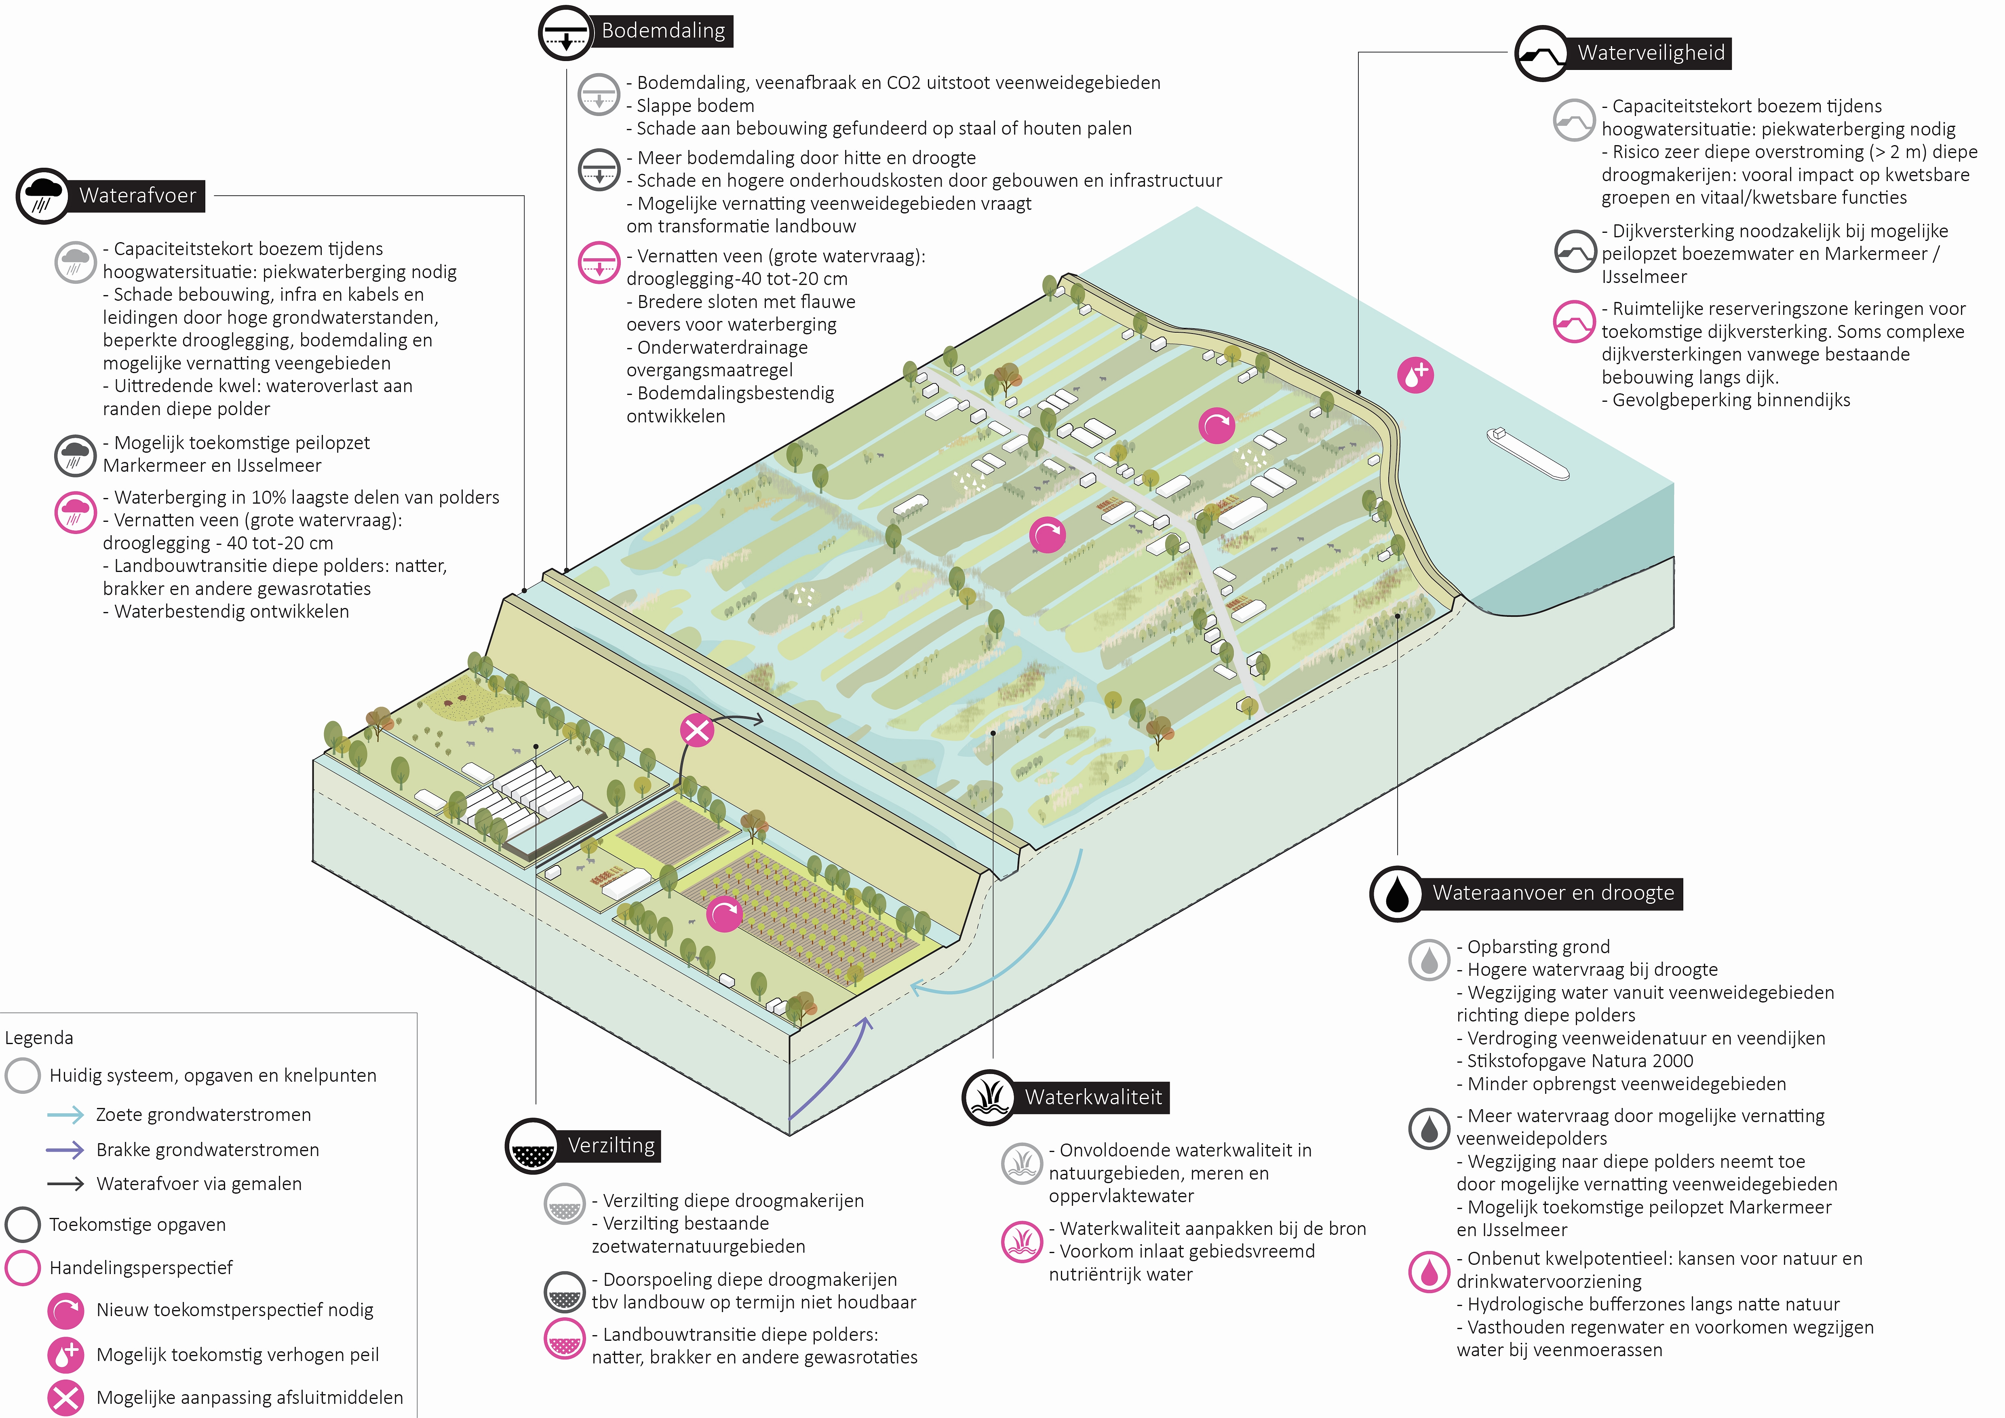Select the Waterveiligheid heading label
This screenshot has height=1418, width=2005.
coord(1651,53)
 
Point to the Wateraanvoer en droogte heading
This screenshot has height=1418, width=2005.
coord(1553,893)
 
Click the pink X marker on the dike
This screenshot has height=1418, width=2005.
coord(697,730)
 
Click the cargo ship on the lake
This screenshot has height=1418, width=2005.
coord(1528,453)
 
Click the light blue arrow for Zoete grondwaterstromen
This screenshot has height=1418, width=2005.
coord(65,1115)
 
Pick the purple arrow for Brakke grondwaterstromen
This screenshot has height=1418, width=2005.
coord(65,1150)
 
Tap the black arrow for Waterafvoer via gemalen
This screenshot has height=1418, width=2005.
coord(65,1184)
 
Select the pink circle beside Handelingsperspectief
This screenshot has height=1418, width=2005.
coord(23,1268)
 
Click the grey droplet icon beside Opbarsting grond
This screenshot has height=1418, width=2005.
coord(1429,960)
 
